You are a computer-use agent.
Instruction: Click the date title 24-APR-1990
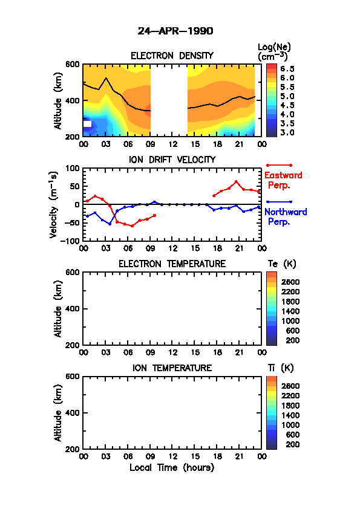coord(175,31)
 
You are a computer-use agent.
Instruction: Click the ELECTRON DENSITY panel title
coord(172,56)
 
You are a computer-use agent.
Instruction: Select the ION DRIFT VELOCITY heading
coord(172,160)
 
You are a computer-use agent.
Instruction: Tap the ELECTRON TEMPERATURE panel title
coord(172,264)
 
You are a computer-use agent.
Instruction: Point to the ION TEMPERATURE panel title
coord(172,368)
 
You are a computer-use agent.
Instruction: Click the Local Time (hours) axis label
coord(172,468)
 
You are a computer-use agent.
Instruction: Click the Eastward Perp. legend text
coord(283,180)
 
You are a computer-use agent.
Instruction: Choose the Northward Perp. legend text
coord(286,216)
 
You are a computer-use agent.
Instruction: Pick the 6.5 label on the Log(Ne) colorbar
coord(287,69)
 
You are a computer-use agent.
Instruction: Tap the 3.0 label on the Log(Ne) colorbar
coord(287,132)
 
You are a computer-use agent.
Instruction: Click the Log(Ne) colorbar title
coord(274,52)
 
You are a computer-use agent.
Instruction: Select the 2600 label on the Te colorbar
coord(290,282)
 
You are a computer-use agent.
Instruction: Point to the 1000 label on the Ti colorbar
coord(290,425)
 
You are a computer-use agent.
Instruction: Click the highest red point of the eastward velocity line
coord(236,181)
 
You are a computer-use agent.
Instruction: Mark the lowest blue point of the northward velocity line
coord(110,224)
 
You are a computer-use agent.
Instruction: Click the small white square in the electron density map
coord(87,124)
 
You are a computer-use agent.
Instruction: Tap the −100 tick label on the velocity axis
coord(71,241)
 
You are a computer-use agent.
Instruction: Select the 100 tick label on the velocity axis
coord(73,168)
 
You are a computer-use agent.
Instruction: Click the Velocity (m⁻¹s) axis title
coord(54,205)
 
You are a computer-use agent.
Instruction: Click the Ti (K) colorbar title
coord(281,368)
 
